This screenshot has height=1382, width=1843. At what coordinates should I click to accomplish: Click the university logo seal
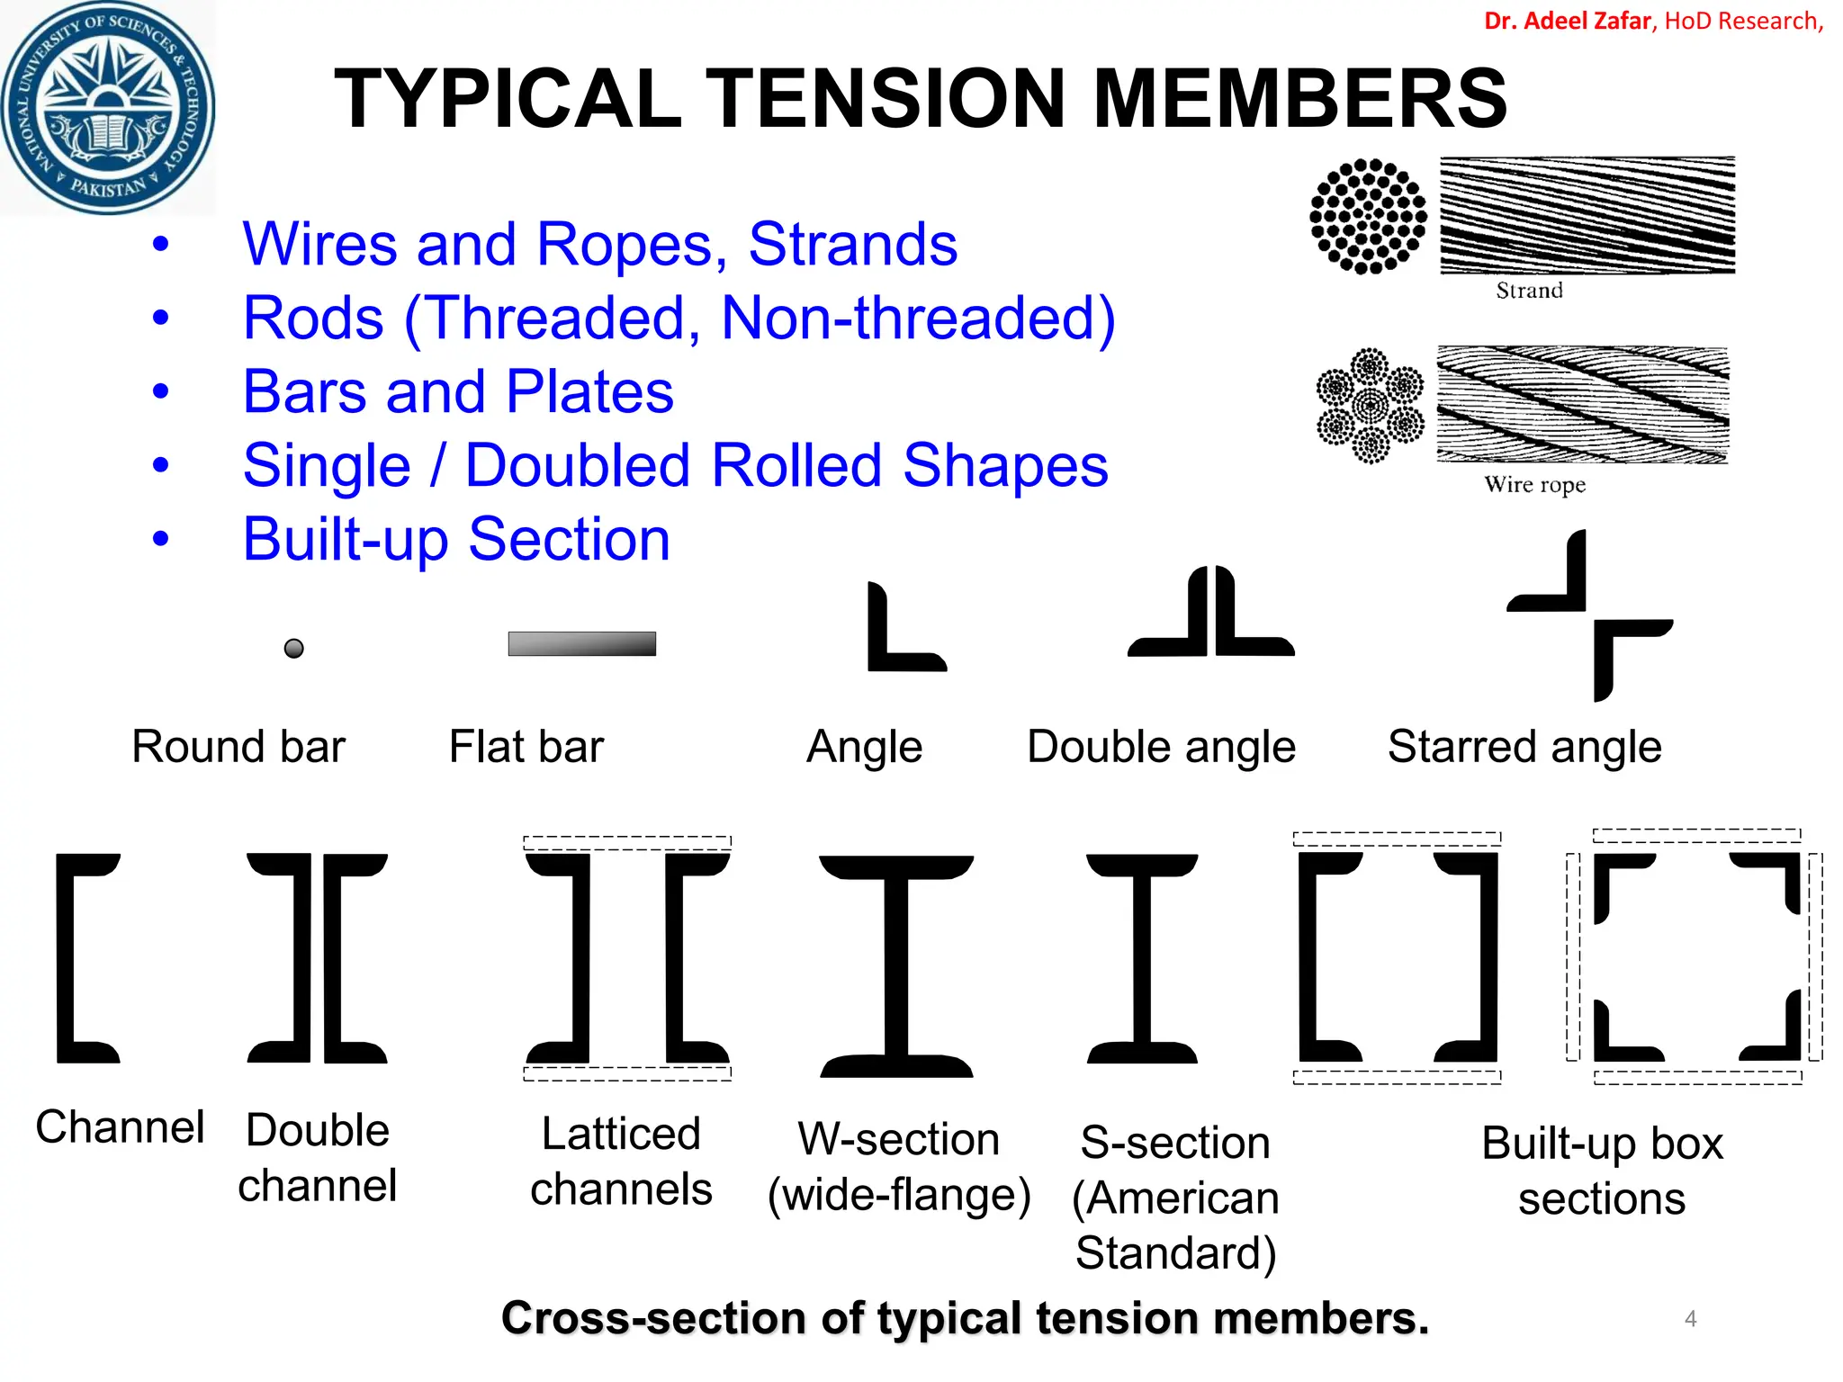108,108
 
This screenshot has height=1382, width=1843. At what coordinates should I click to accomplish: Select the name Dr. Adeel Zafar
1567,21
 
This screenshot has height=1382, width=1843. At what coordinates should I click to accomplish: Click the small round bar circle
293,648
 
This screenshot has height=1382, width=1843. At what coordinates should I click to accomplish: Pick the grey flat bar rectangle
581,643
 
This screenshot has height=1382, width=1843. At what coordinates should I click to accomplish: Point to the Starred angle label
1524,747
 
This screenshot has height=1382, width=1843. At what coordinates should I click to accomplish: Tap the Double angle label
1161,747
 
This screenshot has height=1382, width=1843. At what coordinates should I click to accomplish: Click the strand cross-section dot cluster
1368,216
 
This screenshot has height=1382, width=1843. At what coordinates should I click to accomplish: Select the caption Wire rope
1534,485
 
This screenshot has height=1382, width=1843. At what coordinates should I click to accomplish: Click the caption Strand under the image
1529,291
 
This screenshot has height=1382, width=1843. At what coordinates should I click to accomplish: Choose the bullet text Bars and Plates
458,392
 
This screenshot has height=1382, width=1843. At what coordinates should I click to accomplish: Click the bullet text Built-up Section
456,540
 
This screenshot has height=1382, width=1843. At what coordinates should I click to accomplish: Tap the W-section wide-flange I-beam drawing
896,965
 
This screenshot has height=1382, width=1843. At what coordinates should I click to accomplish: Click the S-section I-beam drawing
1142,958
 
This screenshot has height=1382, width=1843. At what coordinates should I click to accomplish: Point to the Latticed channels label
621,1161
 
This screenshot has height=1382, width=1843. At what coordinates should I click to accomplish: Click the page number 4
1690,1319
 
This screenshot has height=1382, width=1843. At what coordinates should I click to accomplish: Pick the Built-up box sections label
1602,1171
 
